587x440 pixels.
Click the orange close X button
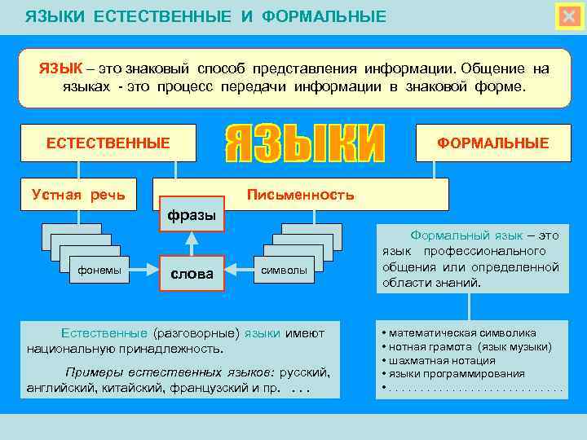[x=569, y=17]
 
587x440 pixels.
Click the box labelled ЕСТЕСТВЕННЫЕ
[x=108, y=143]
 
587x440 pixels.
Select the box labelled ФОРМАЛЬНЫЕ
[x=493, y=143]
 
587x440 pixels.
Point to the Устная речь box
[x=78, y=194]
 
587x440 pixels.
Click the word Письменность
[x=301, y=194]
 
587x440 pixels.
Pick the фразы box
[x=192, y=215]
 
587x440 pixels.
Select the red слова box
[x=192, y=273]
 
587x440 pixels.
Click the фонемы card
[x=99, y=270]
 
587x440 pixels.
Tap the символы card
[x=284, y=270]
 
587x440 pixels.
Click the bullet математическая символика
[x=462, y=332]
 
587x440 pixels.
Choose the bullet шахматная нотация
[x=442, y=360]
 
